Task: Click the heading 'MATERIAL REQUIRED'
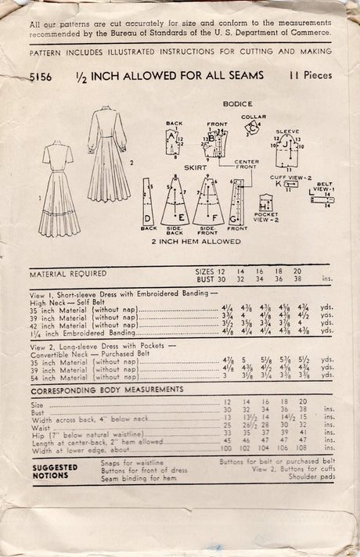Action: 67,274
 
